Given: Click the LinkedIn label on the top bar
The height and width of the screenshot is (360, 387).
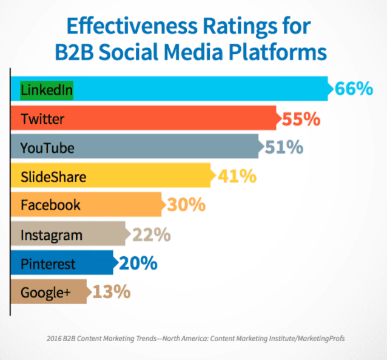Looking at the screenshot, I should [46, 90].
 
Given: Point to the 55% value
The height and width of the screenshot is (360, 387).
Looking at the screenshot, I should [301, 119].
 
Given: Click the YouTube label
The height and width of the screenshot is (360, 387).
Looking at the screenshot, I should [47, 148].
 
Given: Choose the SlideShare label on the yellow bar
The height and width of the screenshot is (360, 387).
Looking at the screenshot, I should [53, 177].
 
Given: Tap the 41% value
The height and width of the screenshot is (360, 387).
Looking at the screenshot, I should [237, 177].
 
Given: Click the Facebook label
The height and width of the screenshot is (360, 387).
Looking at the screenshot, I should [50, 205].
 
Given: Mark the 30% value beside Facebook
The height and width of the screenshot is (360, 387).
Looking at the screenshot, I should [186, 205].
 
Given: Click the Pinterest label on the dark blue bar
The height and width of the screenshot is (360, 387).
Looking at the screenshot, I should [49, 263].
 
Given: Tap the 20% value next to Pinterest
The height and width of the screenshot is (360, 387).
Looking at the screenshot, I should [139, 263].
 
